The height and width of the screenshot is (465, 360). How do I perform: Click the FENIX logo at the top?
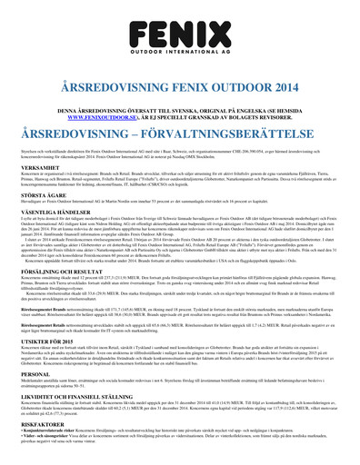coord(180,27)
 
